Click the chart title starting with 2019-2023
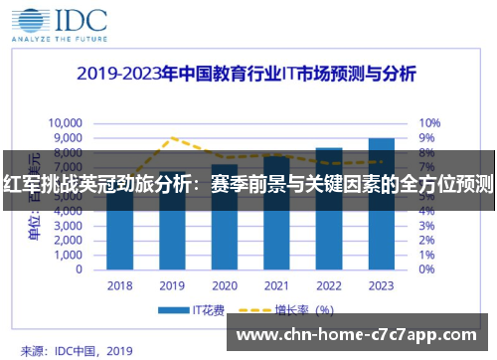click(x=248, y=75)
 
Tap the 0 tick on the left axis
click(x=79, y=269)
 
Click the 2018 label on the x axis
click(x=119, y=286)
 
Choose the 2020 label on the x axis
click(x=225, y=286)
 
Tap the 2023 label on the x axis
click(x=381, y=286)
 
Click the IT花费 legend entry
click(x=197, y=309)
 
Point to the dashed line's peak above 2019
click(x=173, y=137)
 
